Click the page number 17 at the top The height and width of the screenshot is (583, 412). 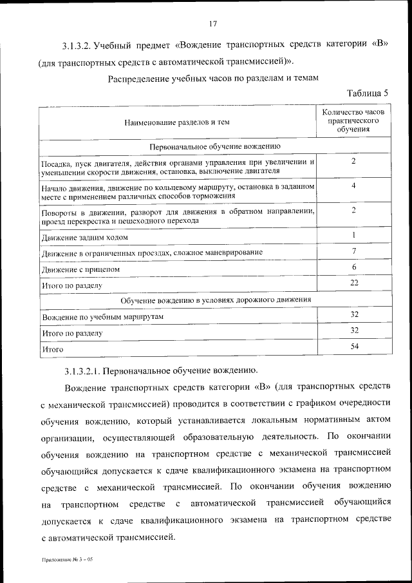pos(213,24)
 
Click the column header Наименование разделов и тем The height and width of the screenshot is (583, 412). pos(177,121)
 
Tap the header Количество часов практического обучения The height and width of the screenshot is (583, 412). pos(353,120)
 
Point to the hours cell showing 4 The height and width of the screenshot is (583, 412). pos(354,186)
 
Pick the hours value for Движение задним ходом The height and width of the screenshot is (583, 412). pos(354,235)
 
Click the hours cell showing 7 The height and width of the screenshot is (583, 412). pos(354,251)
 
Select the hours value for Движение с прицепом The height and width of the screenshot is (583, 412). pos(354,267)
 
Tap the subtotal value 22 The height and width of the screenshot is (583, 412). pos(354,283)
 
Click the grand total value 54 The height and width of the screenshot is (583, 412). pos(354,347)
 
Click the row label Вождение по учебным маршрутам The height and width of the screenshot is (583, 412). pos(103,318)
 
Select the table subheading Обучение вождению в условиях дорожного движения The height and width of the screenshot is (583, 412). pos(216,300)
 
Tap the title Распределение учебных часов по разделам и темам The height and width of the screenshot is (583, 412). pos(213,78)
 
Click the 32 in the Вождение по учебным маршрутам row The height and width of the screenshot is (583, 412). pos(354,314)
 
